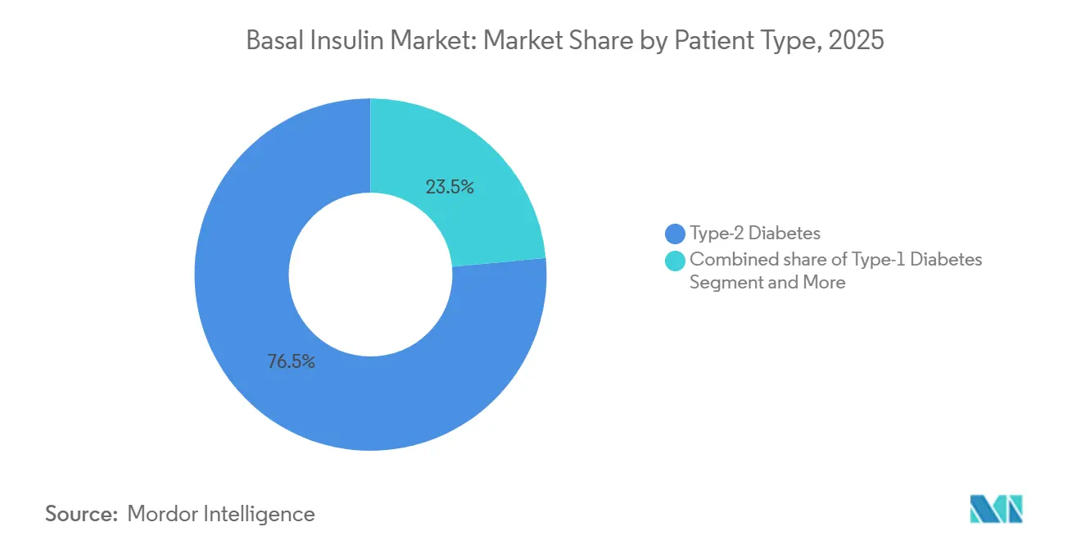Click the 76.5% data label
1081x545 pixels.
tap(291, 361)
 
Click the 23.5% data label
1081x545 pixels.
tap(450, 187)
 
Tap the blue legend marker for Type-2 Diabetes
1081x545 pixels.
tap(676, 234)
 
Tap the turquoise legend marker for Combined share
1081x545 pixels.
tap(676, 261)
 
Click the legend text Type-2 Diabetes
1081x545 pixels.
tap(754, 234)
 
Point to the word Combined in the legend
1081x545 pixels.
tap(727, 260)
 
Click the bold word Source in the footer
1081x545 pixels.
tap(80, 514)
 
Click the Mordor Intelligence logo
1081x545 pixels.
tap(997, 509)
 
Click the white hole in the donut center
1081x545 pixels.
tap(370, 275)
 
